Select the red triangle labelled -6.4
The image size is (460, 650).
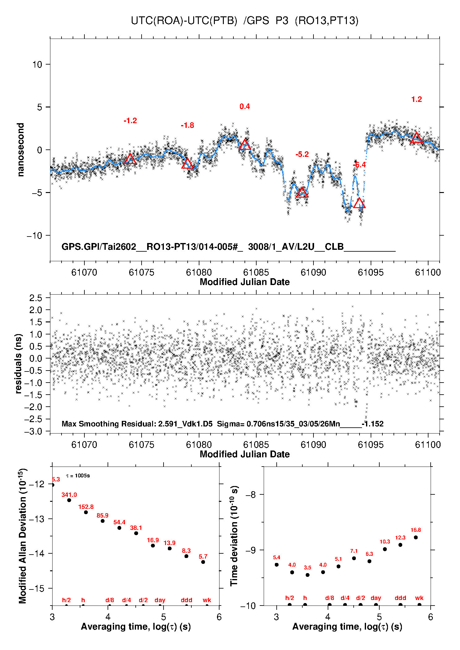coord(359,203)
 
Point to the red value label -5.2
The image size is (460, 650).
coord(302,154)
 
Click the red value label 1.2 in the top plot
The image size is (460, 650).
coord(416,99)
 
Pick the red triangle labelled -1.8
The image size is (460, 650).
coord(187,163)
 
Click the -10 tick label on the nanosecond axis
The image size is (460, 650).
coord(34,236)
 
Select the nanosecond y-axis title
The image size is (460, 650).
coord(20,150)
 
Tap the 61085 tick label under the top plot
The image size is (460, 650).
coord(256,272)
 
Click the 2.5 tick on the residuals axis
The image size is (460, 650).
coord(36,298)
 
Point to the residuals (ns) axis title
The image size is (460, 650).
coord(19,363)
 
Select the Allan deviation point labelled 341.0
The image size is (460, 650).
coord(69,500)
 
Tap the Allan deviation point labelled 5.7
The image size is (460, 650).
coord(203,562)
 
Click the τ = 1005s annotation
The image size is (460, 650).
coord(78,476)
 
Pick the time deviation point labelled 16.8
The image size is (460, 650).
coord(416,537)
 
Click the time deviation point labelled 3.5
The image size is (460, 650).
coord(308,575)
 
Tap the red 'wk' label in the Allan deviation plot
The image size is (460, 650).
coord(207,600)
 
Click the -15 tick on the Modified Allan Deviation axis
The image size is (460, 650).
coord(36,588)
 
